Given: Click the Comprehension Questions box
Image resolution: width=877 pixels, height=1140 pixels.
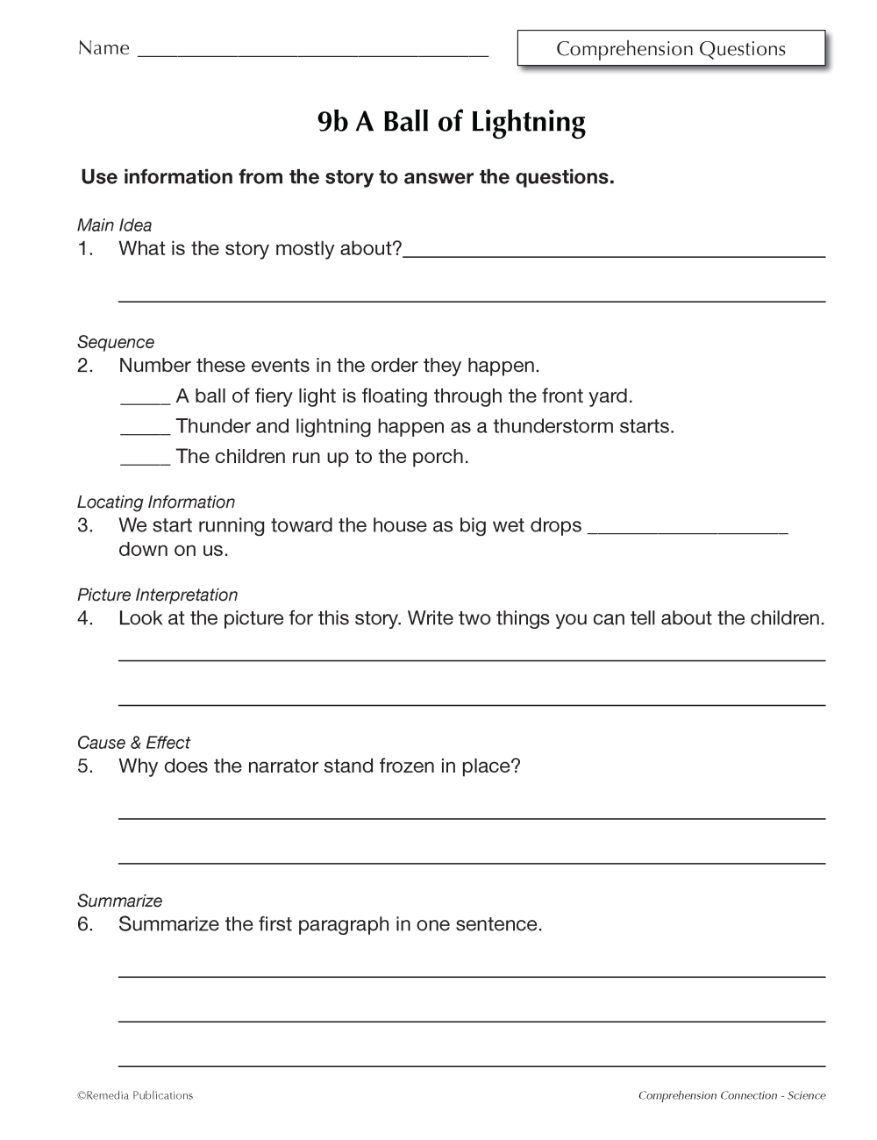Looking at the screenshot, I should tap(671, 49).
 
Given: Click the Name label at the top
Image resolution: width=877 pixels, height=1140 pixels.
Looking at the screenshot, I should tap(103, 48).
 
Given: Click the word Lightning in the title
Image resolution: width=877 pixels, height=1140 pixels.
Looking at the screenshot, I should tap(528, 122).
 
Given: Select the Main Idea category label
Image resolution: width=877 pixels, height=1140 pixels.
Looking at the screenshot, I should tap(114, 225).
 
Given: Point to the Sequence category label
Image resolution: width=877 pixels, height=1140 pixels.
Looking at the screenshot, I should tap(115, 342).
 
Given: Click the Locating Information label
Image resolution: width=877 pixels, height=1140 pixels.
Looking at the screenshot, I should tap(156, 502).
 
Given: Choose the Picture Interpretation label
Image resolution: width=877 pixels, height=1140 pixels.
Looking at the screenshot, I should tap(157, 595).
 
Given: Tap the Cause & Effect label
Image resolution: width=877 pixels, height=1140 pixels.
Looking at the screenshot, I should tap(133, 743).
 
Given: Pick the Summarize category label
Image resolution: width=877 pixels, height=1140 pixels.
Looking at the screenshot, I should tap(119, 901).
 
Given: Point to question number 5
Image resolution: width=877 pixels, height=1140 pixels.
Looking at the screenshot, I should tap(85, 766).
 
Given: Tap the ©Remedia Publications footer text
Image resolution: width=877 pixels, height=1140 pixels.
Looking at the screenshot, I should tap(135, 1095).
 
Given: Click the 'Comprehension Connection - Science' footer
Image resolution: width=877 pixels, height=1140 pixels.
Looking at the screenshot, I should tap(731, 1095).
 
